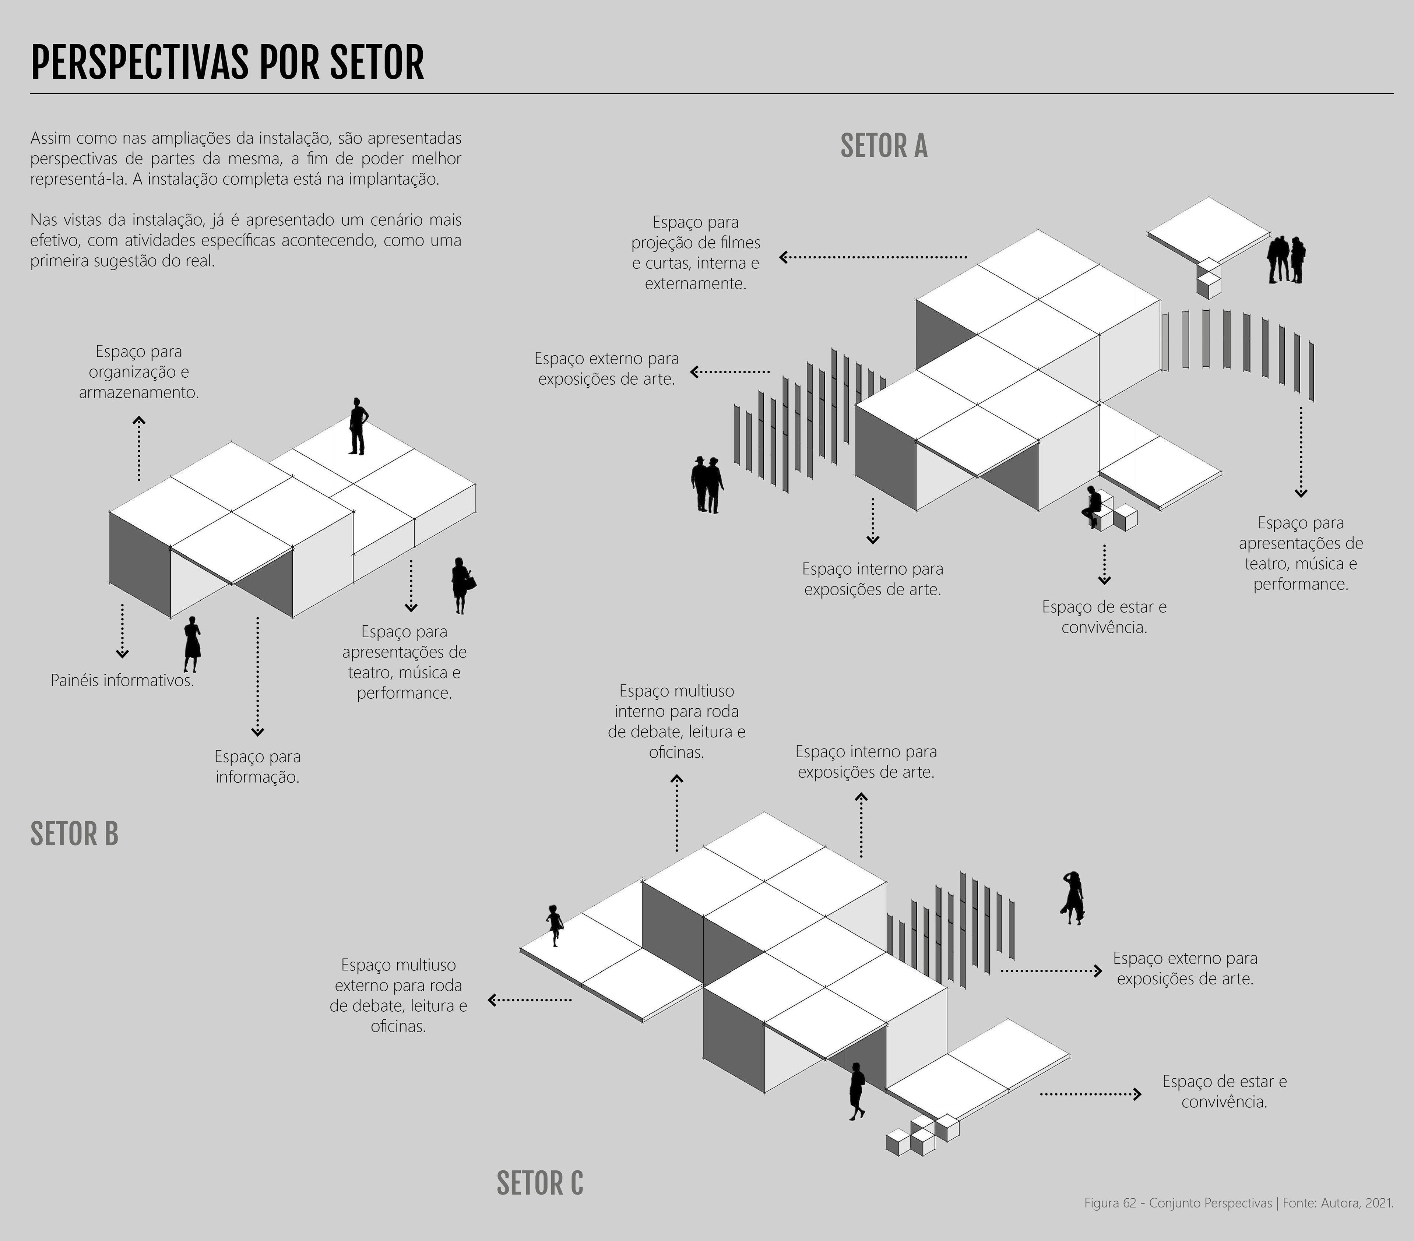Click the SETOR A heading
coord(883,146)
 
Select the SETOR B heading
coord(74,834)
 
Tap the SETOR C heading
coord(539,1184)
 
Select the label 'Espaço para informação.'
coord(257,766)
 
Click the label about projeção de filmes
coord(695,253)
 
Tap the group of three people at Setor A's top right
coord(1286,260)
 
